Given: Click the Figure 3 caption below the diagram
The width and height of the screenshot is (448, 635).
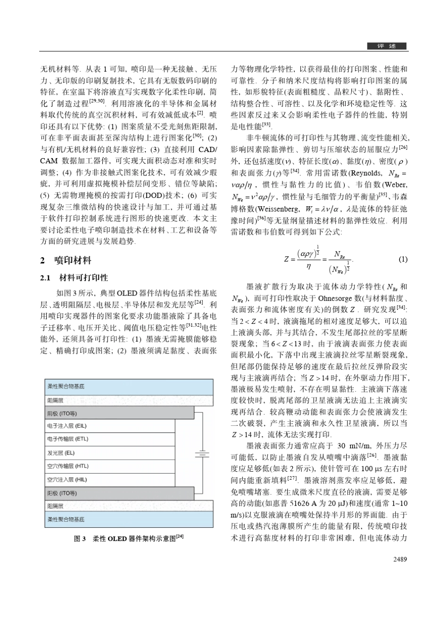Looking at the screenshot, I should click(129, 538).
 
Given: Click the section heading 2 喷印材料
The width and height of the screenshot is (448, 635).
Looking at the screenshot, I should click(66, 260).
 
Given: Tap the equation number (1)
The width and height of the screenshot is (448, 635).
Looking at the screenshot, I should click(403, 259).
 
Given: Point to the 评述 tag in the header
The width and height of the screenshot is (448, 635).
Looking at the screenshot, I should click(387, 46).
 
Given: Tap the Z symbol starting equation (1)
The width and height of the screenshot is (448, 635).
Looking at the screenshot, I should click(286, 259).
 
